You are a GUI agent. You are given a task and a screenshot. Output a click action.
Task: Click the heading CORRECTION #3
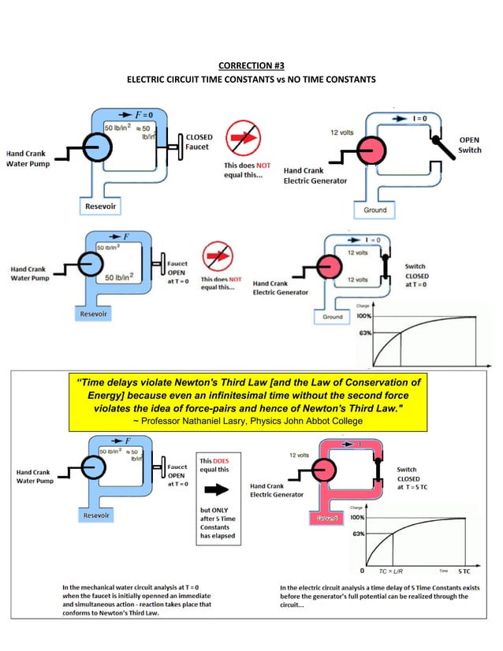click(251, 65)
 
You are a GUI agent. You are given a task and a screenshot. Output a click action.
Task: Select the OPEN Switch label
click(470, 145)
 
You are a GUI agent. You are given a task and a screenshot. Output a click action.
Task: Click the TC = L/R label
click(391, 570)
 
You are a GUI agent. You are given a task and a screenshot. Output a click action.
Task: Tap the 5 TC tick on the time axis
click(465, 570)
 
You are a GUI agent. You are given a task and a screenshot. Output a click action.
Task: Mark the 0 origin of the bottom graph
click(362, 569)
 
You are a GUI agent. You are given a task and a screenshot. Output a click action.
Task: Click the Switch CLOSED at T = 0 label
click(420, 276)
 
